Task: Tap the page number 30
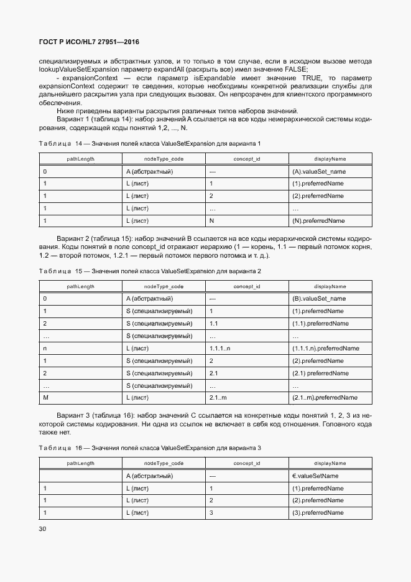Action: [x=43, y=528]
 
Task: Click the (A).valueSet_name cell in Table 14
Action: [x=318, y=171]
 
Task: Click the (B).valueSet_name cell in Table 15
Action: [x=318, y=298]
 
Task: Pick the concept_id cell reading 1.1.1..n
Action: [x=220, y=348]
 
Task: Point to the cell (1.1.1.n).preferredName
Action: [x=325, y=348]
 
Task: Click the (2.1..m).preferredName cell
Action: [x=324, y=398]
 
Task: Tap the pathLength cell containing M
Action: [x=45, y=398]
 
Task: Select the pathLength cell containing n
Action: [x=45, y=348]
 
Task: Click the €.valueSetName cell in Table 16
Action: [x=315, y=476]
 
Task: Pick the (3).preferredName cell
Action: [x=318, y=513]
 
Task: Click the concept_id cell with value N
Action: [x=212, y=220]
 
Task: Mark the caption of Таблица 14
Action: [x=149, y=144]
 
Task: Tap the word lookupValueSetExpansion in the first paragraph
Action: [x=76, y=70]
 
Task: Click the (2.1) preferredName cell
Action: [x=319, y=373]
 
